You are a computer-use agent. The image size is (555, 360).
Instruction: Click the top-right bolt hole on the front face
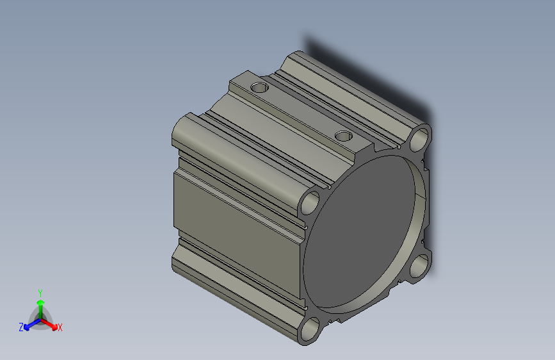421,138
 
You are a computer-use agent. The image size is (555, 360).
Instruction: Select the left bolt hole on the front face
310,202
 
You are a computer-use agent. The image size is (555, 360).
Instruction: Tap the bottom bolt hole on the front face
310,330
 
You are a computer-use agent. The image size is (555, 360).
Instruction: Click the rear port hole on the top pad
259,86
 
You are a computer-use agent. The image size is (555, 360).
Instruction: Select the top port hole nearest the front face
344,136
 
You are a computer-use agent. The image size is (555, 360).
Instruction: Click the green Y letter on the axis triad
40,292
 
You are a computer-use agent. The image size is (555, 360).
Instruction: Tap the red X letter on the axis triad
60,327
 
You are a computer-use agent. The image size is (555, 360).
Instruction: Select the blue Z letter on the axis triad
21,327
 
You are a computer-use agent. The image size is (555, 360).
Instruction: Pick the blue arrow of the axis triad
29,323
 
